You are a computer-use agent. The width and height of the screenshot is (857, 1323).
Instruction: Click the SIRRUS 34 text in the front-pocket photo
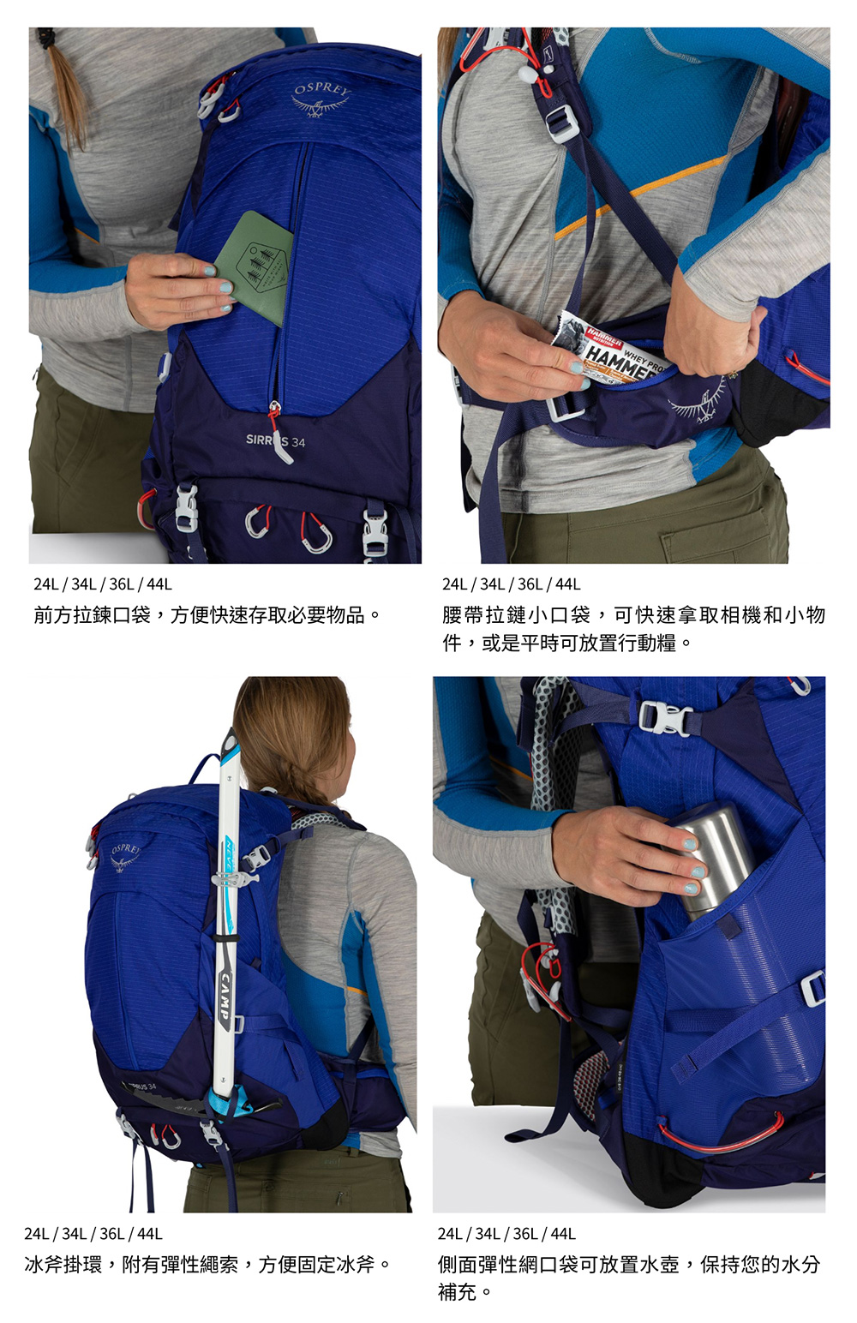(275, 441)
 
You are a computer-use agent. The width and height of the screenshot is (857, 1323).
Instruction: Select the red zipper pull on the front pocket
(278, 430)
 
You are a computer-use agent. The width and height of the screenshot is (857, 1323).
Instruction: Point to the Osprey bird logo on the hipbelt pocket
(700, 402)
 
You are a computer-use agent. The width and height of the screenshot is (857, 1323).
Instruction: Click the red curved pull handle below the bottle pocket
(722, 1138)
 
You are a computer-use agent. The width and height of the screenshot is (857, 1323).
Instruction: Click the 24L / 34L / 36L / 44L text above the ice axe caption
(93, 1234)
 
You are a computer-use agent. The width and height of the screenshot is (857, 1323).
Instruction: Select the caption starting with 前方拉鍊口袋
(207, 615)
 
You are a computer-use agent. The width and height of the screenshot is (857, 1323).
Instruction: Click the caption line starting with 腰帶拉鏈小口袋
(633, 615)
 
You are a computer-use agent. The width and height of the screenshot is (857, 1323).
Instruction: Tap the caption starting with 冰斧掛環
(207, 1265)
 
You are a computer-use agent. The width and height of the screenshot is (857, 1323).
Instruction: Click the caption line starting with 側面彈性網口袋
(629, 1265)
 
